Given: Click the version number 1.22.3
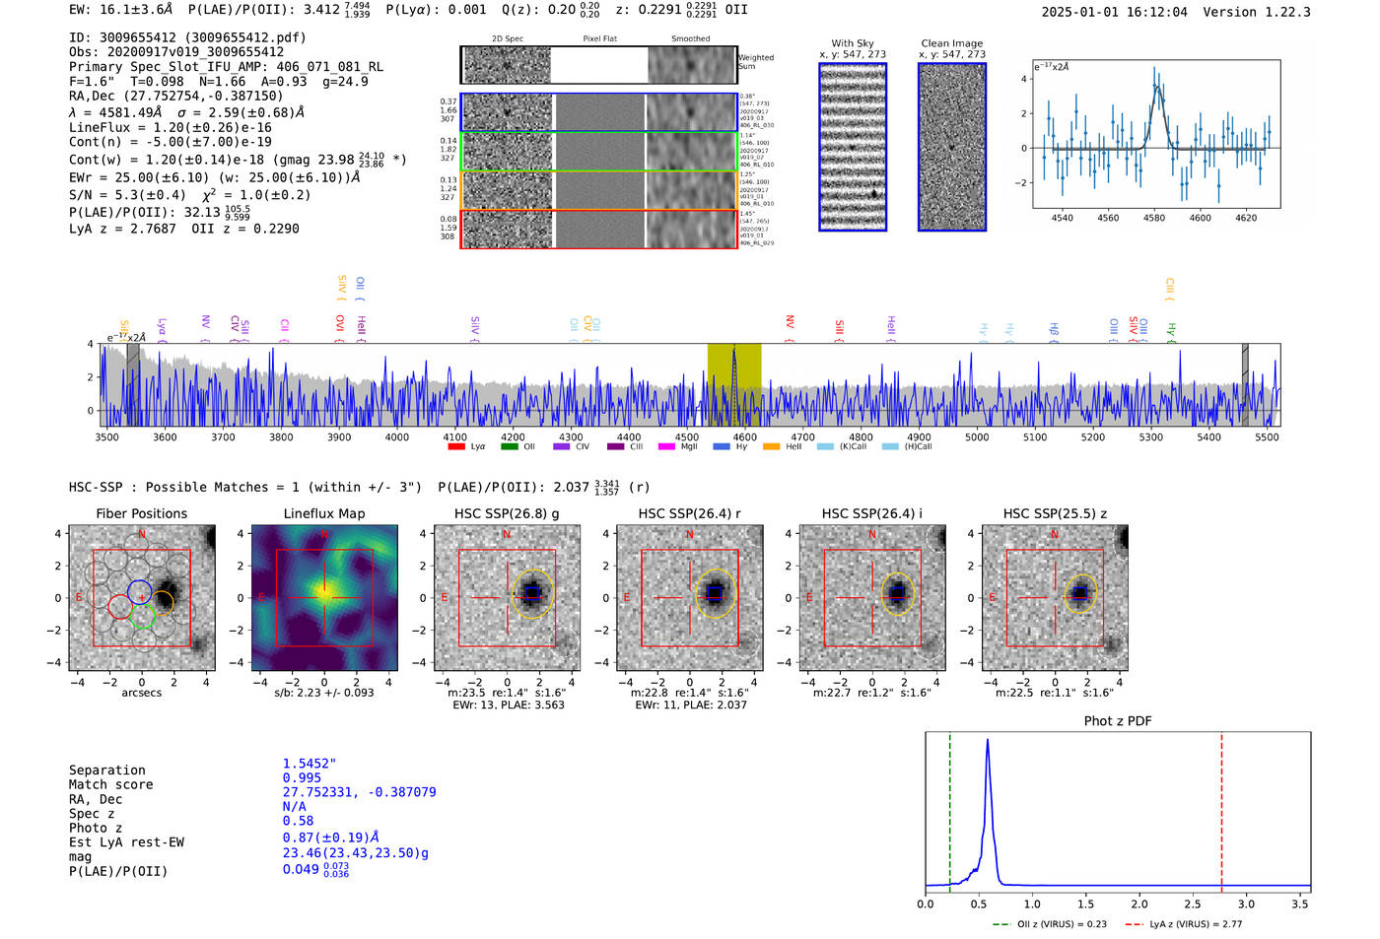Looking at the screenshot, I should point(1278,12).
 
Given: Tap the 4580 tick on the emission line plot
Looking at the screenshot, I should point(1154,218).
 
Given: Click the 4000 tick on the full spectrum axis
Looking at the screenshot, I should point(397,436).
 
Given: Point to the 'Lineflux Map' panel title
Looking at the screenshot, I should point(323,513).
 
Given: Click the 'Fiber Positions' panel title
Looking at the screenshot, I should point(141,513).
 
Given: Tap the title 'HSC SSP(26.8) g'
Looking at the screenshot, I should point(507,513).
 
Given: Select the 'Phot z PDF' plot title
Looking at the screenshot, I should point(1118,721).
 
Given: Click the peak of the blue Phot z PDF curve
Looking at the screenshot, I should point(987,741).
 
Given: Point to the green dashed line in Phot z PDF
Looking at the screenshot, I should point(950,808).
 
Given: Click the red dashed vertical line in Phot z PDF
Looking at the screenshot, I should point(1221,808).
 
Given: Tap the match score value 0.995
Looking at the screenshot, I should point(302,777).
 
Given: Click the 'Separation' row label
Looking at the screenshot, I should point(106,771).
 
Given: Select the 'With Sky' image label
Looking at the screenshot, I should point(852,43).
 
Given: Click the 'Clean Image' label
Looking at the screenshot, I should point(951,43).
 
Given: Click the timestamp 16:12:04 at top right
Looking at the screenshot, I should point(1154,12).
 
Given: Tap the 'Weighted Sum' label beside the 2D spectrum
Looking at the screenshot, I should point(756,62).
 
